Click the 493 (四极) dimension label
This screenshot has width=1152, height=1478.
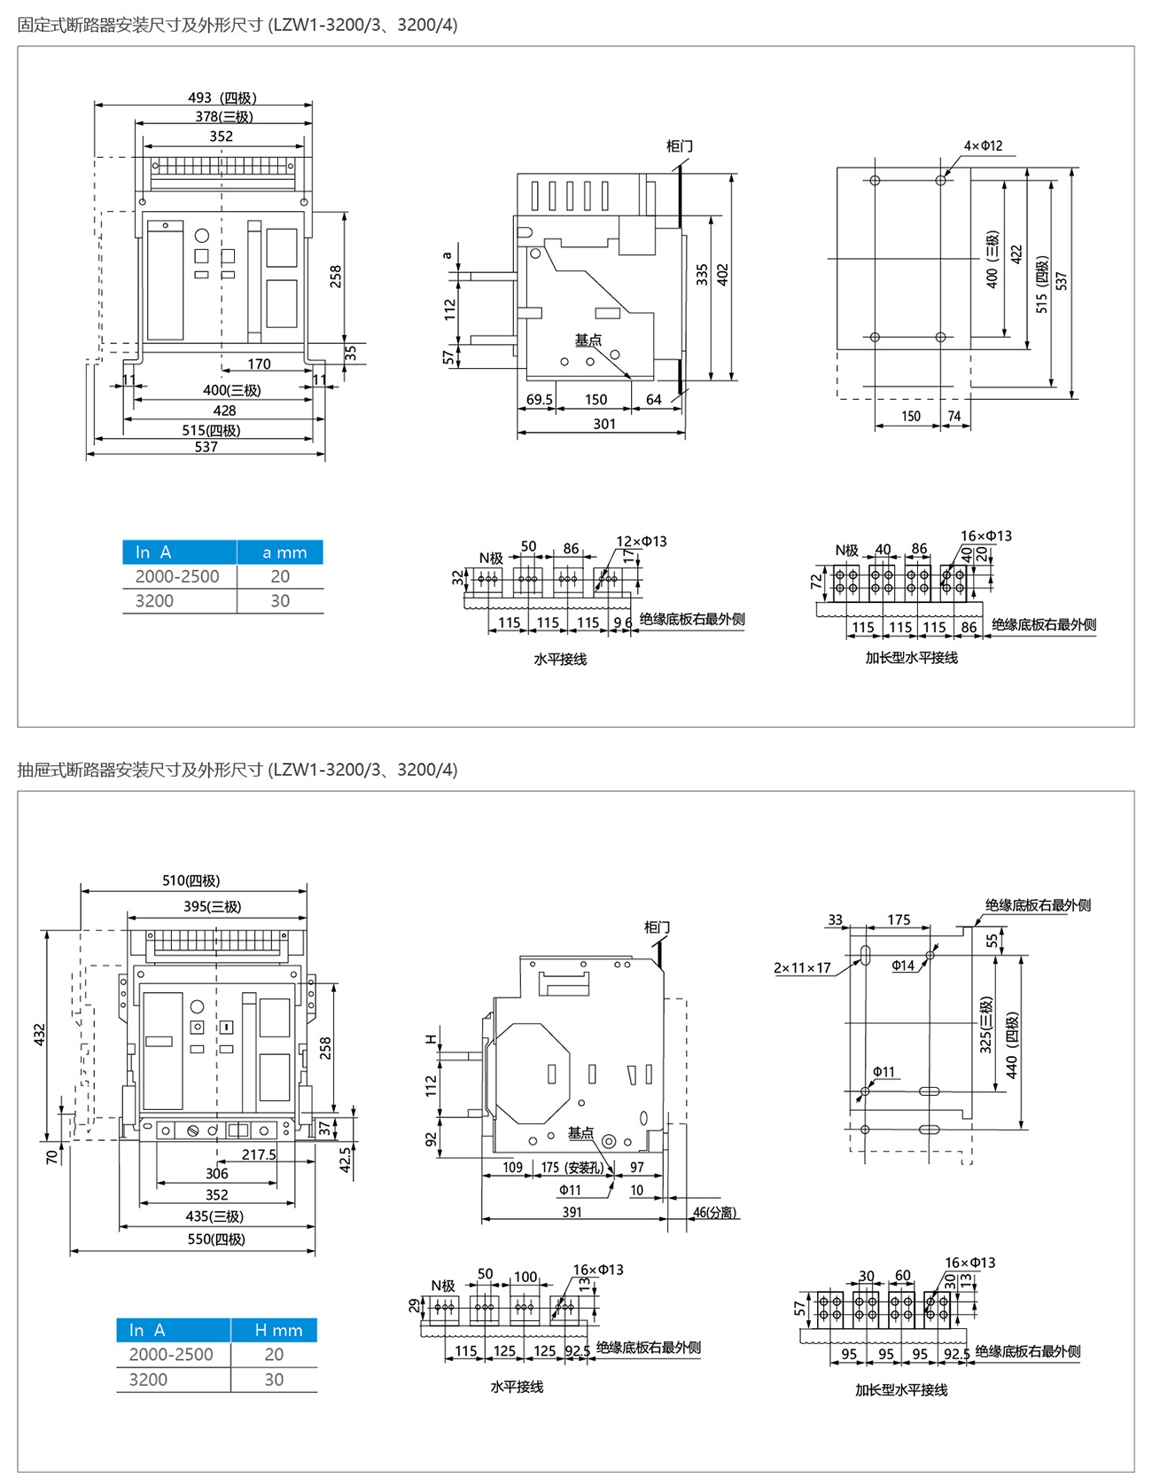pos(222,98)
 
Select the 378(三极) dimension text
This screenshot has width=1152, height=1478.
pos(224,116)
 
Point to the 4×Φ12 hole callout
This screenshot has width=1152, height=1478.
pos(983,145)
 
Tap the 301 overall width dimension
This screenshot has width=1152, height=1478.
pos(604,424)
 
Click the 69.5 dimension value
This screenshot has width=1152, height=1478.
pos(539,400)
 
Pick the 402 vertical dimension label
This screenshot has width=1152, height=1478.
pos(722,274)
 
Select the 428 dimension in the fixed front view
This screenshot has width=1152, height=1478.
pos(224,411)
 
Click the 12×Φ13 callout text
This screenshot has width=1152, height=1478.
pos(642,541)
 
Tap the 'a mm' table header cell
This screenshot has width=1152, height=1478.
pos(284,552)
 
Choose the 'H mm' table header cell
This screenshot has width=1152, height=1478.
pos(277,1330)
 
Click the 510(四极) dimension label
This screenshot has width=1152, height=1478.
pos(191,880)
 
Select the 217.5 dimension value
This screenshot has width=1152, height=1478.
pos(259,1154)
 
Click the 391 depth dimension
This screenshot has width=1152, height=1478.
pos(572,1212)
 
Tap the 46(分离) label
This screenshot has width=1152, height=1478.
pos(714,1212)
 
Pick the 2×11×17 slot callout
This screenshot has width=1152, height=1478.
pos(802,967)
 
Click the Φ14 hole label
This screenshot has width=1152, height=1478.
pos(903,966)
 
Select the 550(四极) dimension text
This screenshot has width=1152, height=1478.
pos(215,1239)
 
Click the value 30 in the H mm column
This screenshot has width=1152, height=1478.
pos(274,1380)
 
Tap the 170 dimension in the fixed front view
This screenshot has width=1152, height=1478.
pos(259,364)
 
